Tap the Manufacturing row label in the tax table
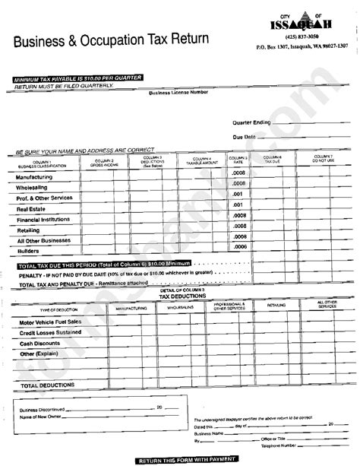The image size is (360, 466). click(x=34, y=176)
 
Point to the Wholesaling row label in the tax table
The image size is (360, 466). click(x=32, y=186)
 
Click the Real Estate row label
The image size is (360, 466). click(x=31, y=208)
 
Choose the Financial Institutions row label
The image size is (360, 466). click(x=44, y=218)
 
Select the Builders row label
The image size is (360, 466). click(x=28, y=249)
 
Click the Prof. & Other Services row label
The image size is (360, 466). click(x=45, y=197)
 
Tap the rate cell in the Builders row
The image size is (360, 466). click(x=240, y=247)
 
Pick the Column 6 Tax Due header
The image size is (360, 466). click(x=273, y=160)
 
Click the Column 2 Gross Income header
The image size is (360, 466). click(x=105, y=162)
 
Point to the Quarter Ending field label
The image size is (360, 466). click(x=252, y=122)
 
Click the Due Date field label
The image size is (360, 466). click(x=245, y=137)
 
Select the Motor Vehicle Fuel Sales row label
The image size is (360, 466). click(x=52, y=322)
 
